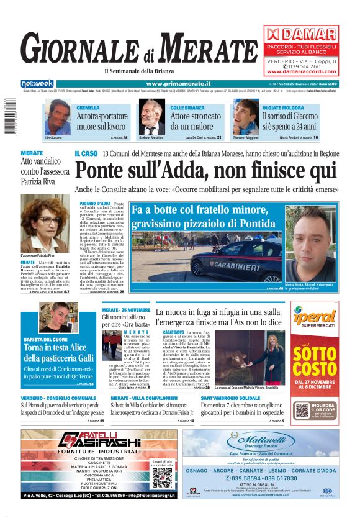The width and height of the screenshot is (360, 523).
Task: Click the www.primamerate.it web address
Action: pyautogui.click(x=178, y=83)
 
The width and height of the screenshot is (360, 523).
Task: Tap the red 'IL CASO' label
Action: pyautogui.click(x=86, y=153)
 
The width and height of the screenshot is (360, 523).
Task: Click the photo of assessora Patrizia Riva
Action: pyautogui.click(x=45, y=224)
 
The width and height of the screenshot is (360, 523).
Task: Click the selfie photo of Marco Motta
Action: pyautogui.click(x=310, y=236)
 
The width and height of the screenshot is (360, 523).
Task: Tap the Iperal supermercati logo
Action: pyautogui.click(x=315, y=317)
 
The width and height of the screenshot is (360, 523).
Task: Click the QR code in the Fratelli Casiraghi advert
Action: pyautogui.click(x=162, y=477)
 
